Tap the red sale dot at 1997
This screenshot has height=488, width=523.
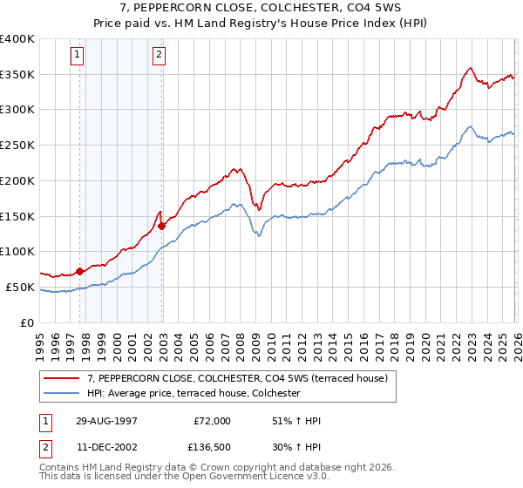coord(80,271)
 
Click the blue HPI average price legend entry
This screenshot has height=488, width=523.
coord(194,393)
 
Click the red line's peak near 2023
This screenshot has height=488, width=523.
coord(470,68)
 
